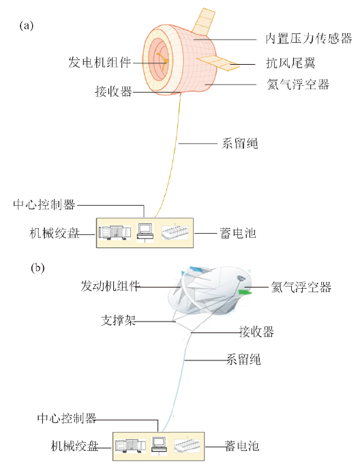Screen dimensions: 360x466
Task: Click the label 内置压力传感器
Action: point(309,39)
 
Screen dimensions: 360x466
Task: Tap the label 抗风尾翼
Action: point(290,63)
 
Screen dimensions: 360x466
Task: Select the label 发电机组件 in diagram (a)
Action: point(100,63)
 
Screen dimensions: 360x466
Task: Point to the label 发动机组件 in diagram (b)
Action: point(110,286)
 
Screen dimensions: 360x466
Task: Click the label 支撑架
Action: point(119,320)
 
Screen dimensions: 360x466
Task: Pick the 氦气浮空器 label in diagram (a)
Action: point(298,84)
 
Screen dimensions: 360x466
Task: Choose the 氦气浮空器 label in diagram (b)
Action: point(301,287)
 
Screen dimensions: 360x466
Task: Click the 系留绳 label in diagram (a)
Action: point(239,143)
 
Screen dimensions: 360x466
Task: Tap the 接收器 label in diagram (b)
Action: point(256,332)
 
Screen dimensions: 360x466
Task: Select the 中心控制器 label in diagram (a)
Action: point(44,205)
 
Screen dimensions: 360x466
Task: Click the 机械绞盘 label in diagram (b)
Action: point(74,446)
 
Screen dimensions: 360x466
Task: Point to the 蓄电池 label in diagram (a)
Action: point(238,233)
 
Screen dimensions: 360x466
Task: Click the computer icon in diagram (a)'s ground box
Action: point(145,232)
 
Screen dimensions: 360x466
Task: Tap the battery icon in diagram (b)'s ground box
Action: point(187,446)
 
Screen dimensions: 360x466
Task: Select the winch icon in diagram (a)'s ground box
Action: point(115,233)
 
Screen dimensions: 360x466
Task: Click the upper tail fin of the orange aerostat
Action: point(204,22)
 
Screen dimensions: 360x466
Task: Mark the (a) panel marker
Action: point(27,26)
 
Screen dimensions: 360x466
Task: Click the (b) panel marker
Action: point(37,268)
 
